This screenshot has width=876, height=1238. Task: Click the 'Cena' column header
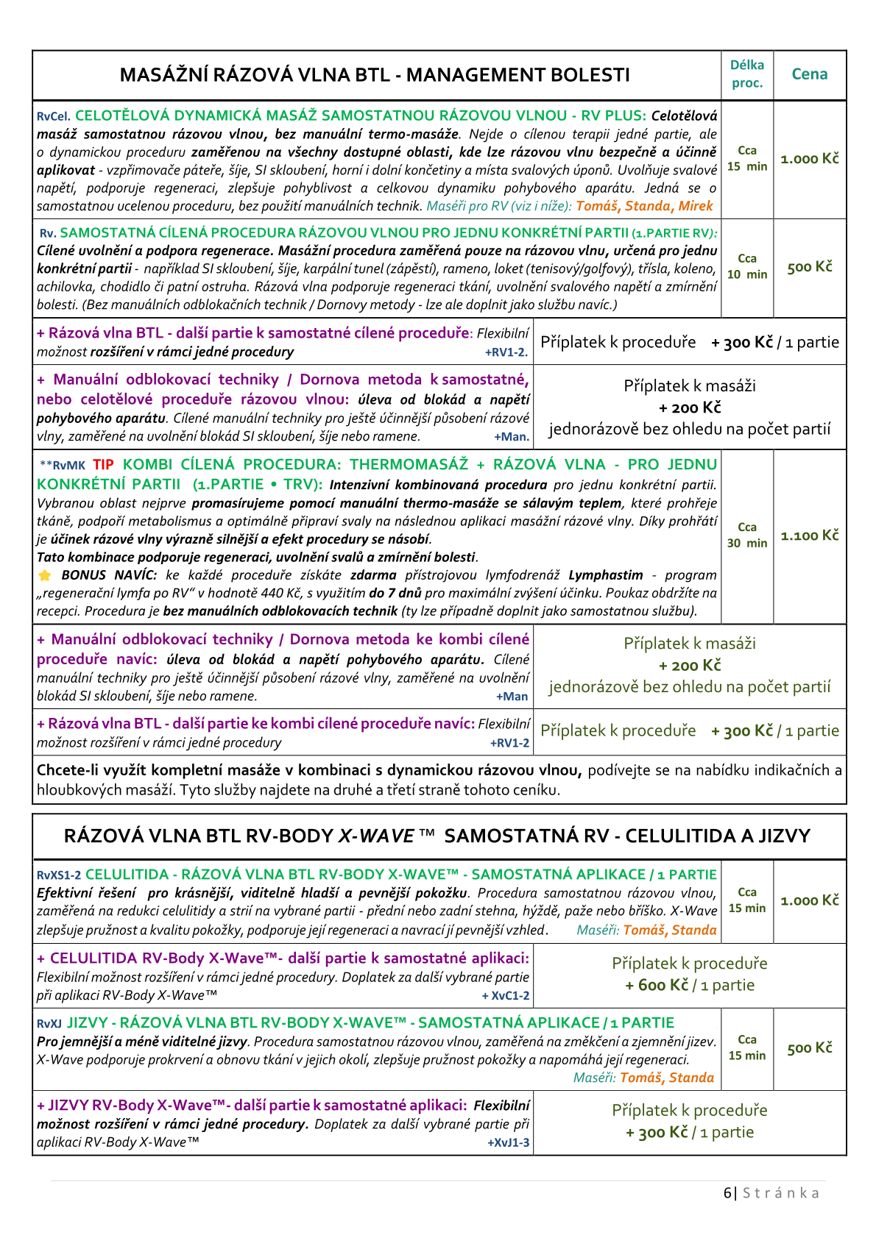809,74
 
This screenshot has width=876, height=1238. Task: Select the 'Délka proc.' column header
747,74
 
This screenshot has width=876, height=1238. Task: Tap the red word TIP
103,465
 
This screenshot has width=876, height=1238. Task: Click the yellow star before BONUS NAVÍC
45,575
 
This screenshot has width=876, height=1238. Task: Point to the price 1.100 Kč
809,536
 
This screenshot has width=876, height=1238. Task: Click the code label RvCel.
54,116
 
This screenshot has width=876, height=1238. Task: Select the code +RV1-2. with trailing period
506,352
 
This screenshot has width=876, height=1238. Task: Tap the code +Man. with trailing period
512,437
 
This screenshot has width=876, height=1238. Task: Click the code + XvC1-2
506,996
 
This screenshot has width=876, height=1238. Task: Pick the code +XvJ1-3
508,1143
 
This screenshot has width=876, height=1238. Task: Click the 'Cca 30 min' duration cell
747,536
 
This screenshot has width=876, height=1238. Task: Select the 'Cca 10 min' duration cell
747,267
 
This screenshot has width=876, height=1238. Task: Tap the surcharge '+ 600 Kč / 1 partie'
690,985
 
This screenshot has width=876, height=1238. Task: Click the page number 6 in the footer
727,1193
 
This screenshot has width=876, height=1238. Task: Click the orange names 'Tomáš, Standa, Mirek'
644,207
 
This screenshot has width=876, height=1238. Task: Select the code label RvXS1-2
59,875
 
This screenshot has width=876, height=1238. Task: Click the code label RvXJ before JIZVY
49,1023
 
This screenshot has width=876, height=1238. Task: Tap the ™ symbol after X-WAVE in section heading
427,836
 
